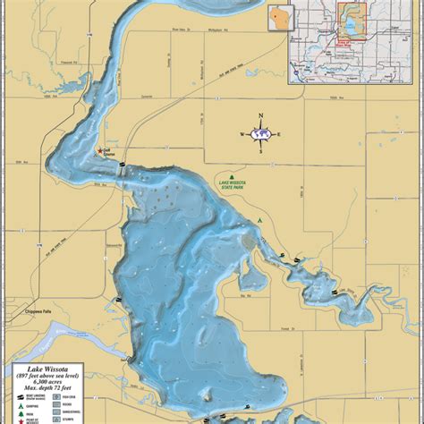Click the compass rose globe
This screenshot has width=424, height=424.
(x=260, y=133)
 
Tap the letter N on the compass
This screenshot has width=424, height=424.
(x=260, y=116)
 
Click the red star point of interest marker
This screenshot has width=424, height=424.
(x=99, y=151)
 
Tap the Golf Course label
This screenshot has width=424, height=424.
(x=106, y=153)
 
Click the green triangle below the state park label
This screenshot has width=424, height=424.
(x=259, y=219)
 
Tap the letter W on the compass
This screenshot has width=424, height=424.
(x=242, y=134)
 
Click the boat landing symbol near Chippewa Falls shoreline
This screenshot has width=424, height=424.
(x=117, y=300)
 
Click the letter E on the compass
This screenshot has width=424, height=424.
(x=278, y=134)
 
